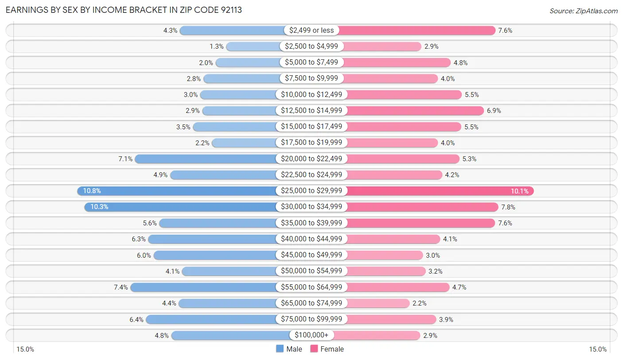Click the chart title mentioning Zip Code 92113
pos(124,10)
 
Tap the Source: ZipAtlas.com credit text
pos(583,11)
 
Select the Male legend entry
pos(289,349)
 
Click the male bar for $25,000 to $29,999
pos(177,191)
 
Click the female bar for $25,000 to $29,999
pos(439,191)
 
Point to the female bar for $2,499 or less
pos(417,31)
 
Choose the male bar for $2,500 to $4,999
pos(253,46)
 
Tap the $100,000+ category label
pos(311,335)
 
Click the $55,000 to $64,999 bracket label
pos(311,287)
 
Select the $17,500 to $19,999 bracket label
pos(311,143)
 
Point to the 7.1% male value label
pos(125,159)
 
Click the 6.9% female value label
pos(494,111)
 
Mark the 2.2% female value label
pos(419,303)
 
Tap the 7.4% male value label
pos(121,287)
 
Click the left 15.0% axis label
pos(25,349)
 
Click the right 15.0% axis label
pos(597,349)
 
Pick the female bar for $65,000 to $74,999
pos(377,303)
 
